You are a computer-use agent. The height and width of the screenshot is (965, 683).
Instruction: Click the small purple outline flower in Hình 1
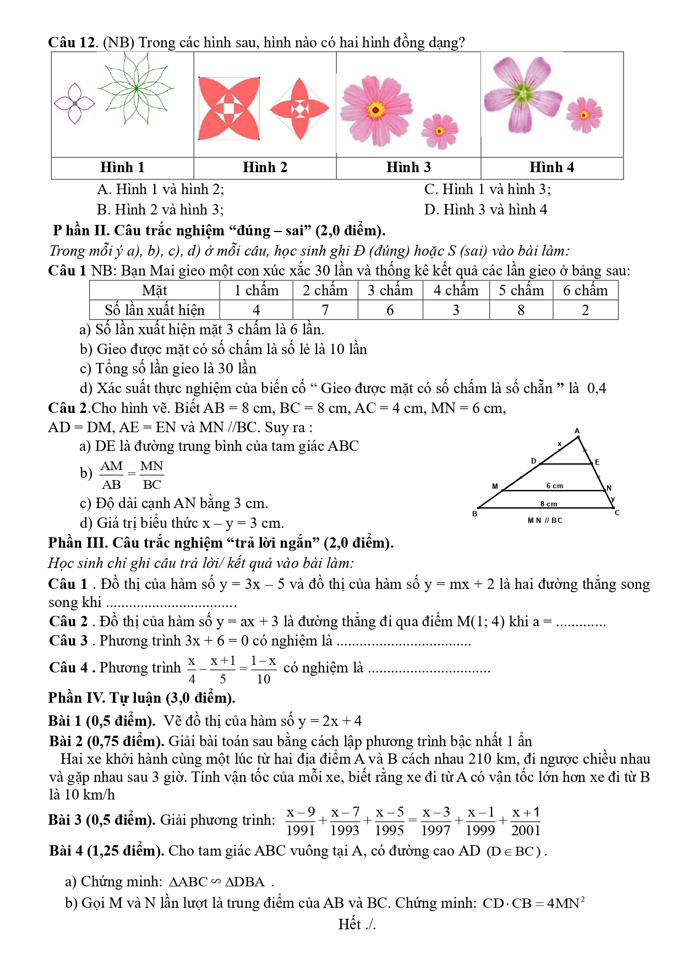[x=74, y=103]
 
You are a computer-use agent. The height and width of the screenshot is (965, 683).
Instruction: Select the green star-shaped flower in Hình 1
[x=135, y=88]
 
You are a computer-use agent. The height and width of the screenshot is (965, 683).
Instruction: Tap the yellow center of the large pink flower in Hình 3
[x=376, y=110]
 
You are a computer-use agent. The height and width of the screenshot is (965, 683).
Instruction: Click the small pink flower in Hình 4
[x=584, y=115]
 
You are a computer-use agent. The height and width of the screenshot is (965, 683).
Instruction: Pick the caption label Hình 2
[x=265, y=167]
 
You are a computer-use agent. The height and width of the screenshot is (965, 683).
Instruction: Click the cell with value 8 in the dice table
[x=521, y=310]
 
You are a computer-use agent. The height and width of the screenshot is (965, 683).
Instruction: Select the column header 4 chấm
[x=456, y=290]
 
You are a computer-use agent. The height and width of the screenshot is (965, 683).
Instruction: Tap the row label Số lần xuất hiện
[x=155, y=310]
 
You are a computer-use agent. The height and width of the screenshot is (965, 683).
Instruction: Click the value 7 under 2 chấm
[x=325, y=310]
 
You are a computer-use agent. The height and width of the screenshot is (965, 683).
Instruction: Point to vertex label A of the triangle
[x=577, y=431]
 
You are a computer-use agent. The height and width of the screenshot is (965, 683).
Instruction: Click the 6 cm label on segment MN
[x=554, y=486]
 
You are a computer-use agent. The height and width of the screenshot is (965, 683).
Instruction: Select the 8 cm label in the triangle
[x=548, y=504]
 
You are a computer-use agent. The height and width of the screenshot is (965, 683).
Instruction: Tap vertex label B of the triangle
[x=474, y=514]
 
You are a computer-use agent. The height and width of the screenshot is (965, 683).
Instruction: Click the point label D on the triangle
[x=533, y=461]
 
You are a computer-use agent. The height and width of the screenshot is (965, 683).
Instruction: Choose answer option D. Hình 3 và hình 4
[x=485, y=209]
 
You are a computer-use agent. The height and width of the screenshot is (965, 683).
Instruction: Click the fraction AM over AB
[x=111, y=475]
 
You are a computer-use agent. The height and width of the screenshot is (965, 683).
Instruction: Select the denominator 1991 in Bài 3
[x=300, y=830]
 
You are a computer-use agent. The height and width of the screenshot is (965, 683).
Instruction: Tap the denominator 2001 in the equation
[x=526, y=830]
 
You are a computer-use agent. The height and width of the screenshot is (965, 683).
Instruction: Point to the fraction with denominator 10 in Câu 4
[x=263, y=670]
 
